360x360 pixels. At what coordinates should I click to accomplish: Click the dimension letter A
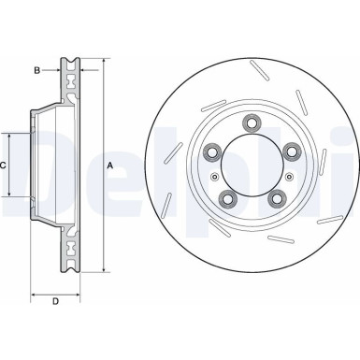(x=110, y=166)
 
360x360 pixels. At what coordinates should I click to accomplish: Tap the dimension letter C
(x=4, y=166)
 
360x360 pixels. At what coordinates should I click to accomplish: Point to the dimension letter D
(x=55, y=300)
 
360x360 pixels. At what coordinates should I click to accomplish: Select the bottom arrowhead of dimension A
(x=103, y=269)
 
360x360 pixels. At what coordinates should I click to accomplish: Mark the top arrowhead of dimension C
(x=11, y=135)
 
